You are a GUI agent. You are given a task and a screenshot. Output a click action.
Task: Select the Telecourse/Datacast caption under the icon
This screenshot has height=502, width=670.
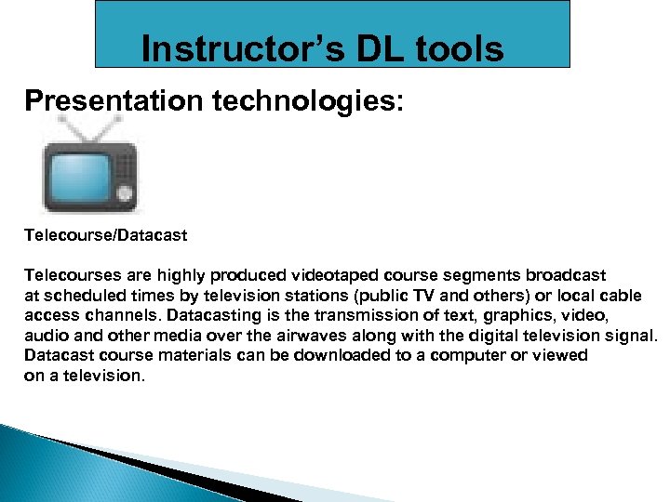tap(105, 235)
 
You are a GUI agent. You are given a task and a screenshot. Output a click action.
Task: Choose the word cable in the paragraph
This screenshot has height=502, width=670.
tap(620, 297)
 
